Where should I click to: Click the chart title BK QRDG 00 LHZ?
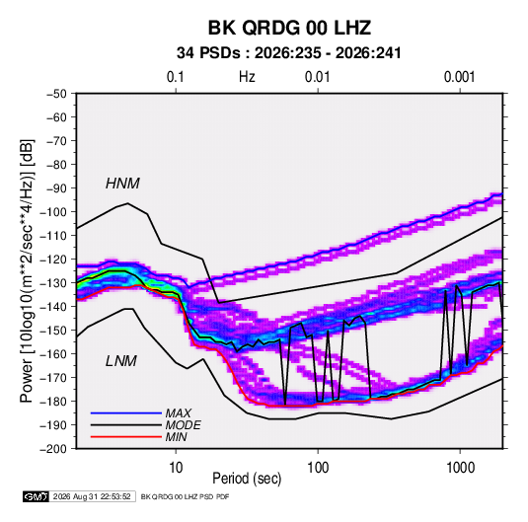click(x=289, y=28)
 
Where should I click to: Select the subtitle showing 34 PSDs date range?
click(x=289, y=53)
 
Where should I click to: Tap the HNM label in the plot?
click(x=122, y=184)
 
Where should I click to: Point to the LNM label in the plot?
click(x=121, y=361)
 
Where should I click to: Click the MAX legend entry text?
click(x=178, y=413)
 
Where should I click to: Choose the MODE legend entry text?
click(x=184, y=425)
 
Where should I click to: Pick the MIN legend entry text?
click(x=176, y=437)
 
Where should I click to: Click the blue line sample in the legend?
click(x=126, y=412)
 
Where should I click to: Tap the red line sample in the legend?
click(x=126, y=437)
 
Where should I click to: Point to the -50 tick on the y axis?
click(x=56, y=94)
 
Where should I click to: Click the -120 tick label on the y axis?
click(x=53, y=260)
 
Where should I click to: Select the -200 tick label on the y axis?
click(x=53, y=449)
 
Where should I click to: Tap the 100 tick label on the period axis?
click(x=318, y=468)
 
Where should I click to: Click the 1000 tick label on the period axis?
click(x=460, y=468)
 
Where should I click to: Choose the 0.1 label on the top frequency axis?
click(x=176, y=77)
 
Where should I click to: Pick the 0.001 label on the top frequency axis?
click(x=459, y=77)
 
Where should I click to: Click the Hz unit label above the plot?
click(x=247, y=77)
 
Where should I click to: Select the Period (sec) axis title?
click(x=247, y=479)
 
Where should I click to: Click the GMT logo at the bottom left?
click(x=37, y=496)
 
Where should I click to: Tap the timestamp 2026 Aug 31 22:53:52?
click(x=92, y=496)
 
